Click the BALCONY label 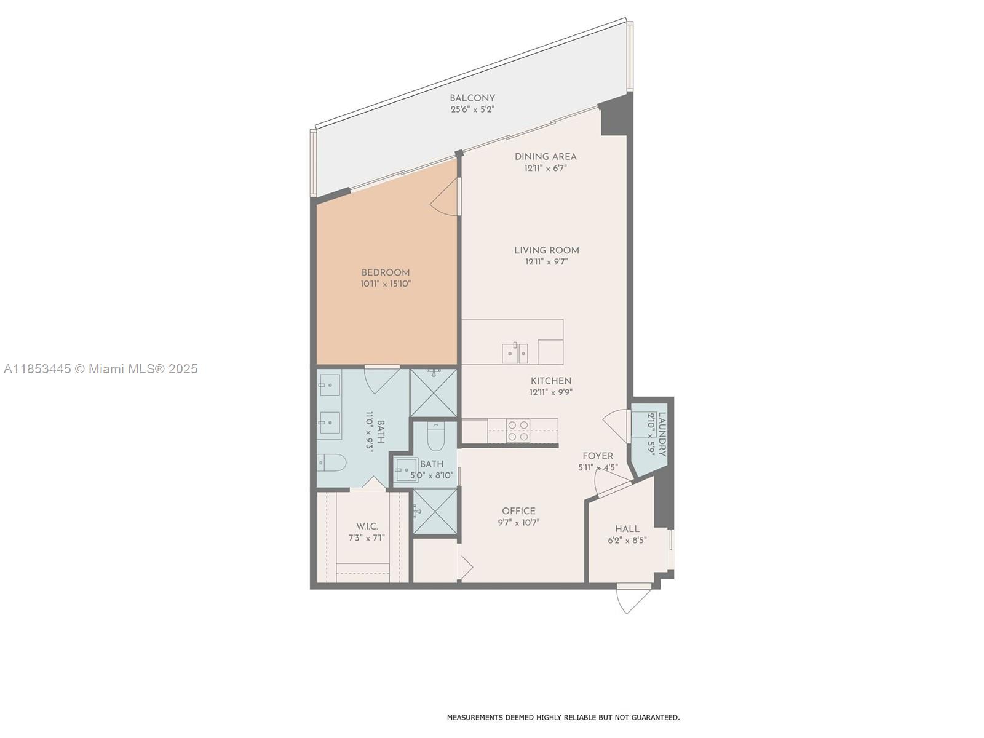coord(472,98)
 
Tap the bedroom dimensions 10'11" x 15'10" coord(386,284)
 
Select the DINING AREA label coord(546,157)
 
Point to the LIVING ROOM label coord(547,250)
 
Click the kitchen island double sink coord(515,353)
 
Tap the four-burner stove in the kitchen coord(518,430)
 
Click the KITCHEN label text coord(551,381)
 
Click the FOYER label coord(598,456)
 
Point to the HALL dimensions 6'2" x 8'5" coord(627,541)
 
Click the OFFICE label coord(518,511)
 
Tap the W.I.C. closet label coord(367,526)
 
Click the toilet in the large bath coord(332,462)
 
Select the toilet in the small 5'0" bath coord(435,438)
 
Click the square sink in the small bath coord(406,470)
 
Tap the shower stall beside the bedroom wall coord(434,392)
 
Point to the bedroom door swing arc coord(444,200)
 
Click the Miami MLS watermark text coord(100,369)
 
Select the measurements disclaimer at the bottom coord(563,717)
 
